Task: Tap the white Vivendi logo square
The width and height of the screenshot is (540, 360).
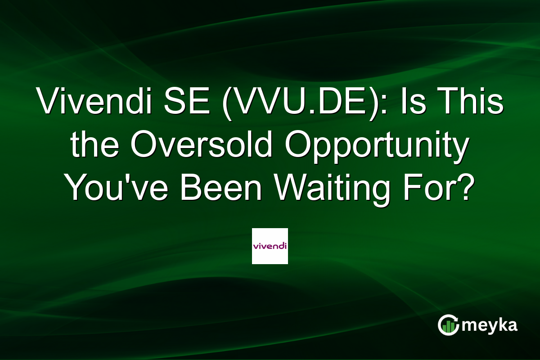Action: (270, 246)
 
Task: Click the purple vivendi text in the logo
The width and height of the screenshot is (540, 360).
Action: (270, 246)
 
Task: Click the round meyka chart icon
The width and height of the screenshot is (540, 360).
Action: (449, 325)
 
